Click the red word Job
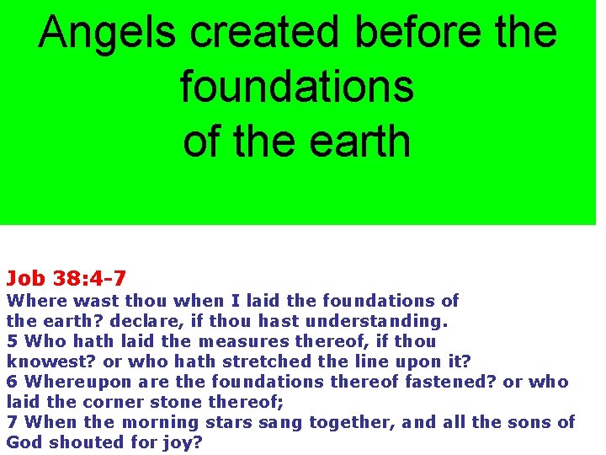point(25,277)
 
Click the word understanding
point(376,321)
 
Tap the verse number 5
point(12,341)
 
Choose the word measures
point(245,341)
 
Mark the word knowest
point(41,361)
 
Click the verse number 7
point(12,422)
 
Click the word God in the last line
point(22,442)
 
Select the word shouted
point(77,442)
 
